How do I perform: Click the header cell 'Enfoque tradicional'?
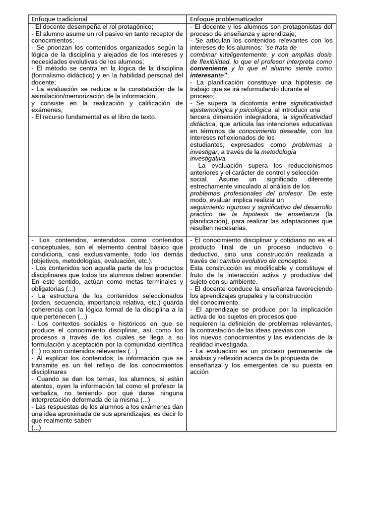(59, 19)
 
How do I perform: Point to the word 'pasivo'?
(98, 33)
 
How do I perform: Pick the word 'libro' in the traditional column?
(119, 117)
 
